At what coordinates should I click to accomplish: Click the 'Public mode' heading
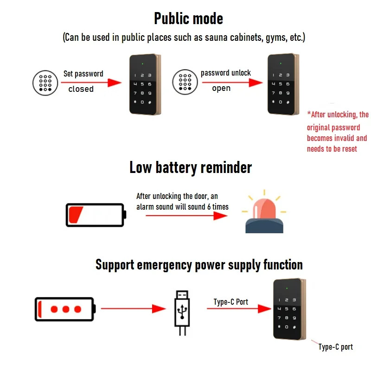188,19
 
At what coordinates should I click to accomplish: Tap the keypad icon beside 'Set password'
45,83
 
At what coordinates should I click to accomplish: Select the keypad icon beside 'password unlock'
185,82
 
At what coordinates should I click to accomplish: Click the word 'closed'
81,89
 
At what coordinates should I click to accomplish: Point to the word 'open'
221,88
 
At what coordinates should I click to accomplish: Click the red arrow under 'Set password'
91,83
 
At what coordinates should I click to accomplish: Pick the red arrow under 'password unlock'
232,83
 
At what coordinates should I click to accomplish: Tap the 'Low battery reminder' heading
191,167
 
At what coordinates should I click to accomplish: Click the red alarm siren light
264,212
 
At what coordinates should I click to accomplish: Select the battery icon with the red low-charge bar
96,215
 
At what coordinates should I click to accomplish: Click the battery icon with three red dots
65,309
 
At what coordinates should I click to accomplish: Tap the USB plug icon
182,313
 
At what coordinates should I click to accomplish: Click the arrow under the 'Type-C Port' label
239,308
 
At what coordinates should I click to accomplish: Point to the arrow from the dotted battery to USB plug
134,308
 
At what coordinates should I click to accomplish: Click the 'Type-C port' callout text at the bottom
335,347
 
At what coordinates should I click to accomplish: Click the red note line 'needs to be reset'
332,149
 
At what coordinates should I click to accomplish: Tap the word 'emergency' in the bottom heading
165,265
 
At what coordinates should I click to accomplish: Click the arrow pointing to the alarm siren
187,216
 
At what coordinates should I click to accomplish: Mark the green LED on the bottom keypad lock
287,288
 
